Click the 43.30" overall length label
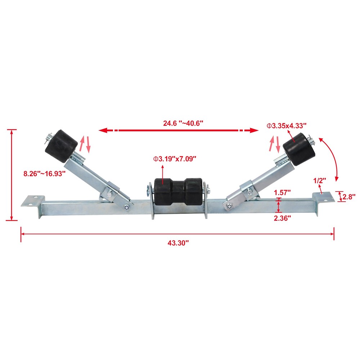pyautogui.click(x=178, y=243)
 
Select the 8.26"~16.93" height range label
pyautogui.click(x=45, y=174)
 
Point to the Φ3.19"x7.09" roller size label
pyautogui.click(x=175, y=159)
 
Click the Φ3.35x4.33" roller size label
pyautogui.click(x=286, y=125)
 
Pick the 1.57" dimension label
pyautogui.click(x=282, y=192)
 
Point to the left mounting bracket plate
pyautogui.click(x=33, y=201)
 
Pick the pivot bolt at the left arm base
pyautogui.click(x=127, y=207)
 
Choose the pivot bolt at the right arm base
pyautogui.click(x=229, y=206)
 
